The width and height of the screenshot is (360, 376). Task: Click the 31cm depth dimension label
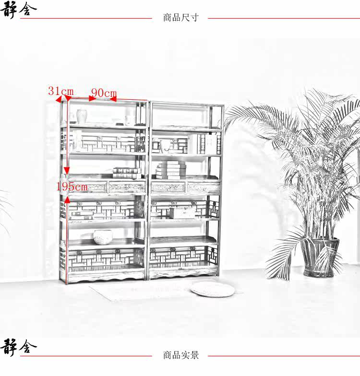61,91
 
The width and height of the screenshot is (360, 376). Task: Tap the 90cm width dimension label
104,93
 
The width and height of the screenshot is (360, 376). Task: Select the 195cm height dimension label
72,186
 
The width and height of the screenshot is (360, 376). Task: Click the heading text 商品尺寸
180,17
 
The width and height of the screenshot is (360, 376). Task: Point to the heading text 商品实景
180,355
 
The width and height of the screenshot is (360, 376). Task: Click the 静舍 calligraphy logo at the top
18,9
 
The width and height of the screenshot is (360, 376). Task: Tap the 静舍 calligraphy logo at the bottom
18,347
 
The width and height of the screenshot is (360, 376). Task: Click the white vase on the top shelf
82,117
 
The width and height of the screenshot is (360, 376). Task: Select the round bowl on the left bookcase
103,237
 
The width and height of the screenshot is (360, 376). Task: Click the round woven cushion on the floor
212,289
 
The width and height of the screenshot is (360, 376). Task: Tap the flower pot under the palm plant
319,257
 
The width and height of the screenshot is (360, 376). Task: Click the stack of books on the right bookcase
171,170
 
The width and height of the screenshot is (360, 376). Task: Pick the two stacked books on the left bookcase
127,173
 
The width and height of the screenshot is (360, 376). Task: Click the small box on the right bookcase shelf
182,213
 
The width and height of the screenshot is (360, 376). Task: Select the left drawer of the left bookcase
88,187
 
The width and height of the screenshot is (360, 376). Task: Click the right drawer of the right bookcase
204,188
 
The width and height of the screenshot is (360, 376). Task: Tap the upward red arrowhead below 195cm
67,200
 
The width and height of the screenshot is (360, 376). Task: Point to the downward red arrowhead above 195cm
67,171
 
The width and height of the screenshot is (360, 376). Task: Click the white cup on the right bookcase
165,146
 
